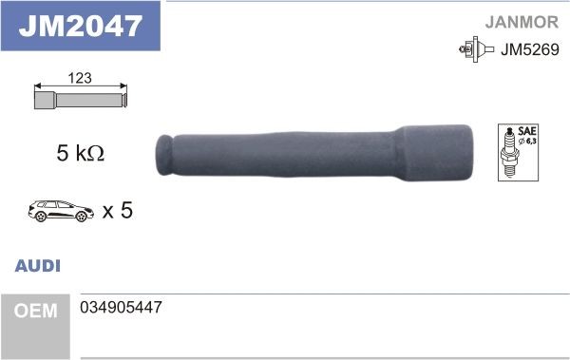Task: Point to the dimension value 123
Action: click(x=81, y=79)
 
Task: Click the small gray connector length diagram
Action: click(x=81, y=98)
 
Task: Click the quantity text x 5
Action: click(x=116, y=209)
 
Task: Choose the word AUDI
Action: click(x=38, y=267)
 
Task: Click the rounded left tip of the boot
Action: click(x=163, y=154)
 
